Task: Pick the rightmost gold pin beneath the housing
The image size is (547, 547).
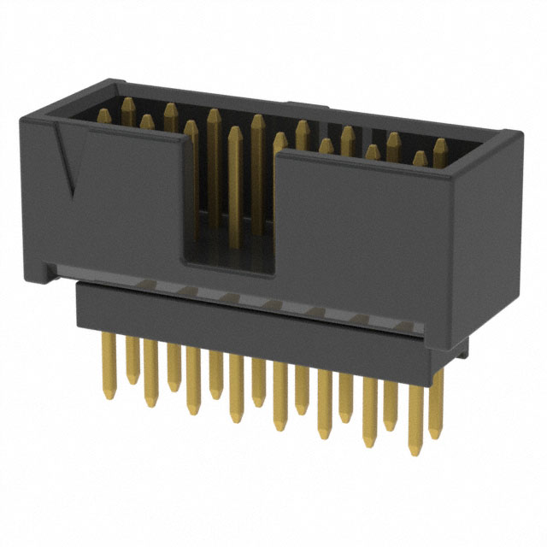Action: (437, 402)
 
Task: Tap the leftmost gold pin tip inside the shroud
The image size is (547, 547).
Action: (128, 106)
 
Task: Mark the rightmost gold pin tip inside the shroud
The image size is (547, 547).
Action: (439, 147)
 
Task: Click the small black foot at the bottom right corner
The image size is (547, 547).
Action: (462, 345)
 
